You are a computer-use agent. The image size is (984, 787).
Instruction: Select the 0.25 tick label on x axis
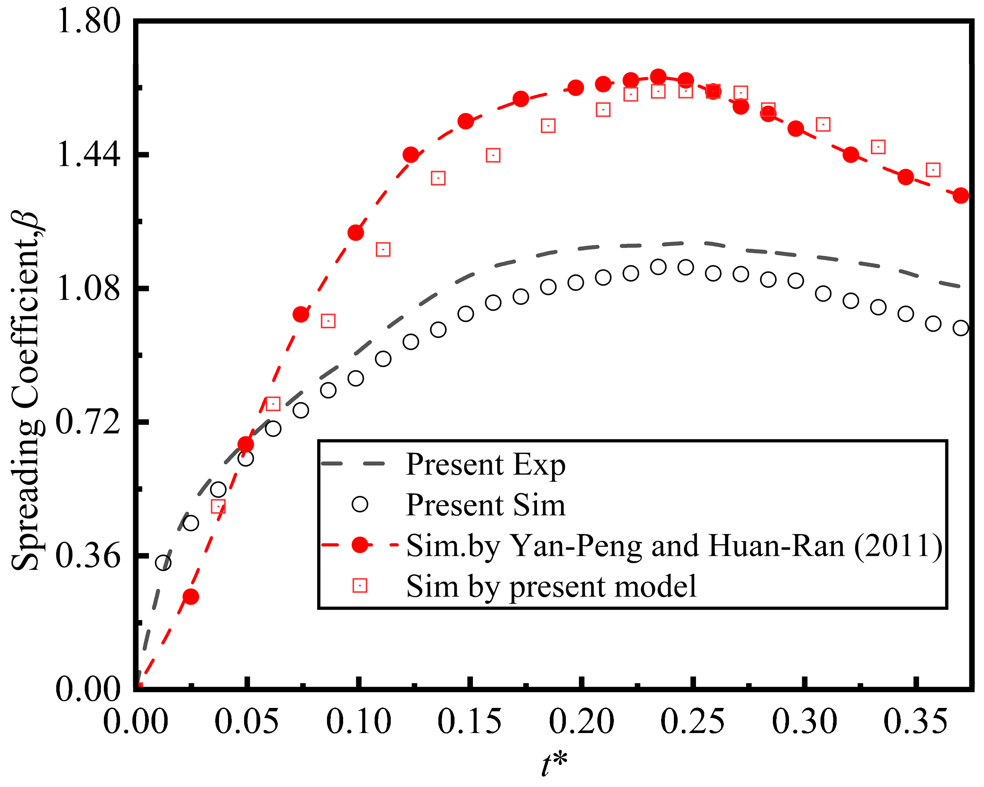(692, 722)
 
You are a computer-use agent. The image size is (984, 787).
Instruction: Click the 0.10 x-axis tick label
(359, 722)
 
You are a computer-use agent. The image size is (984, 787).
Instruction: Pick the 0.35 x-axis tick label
(915, 722)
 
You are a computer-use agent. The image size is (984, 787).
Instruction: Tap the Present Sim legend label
(485, 505)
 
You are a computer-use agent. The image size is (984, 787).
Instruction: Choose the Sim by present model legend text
(551, 586)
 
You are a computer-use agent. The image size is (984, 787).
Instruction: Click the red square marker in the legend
(360, 585)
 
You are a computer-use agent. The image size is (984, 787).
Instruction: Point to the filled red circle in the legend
(360, 545)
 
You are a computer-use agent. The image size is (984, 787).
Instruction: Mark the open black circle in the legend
(360, 504)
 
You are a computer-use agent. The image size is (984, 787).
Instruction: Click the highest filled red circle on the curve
(658, 77)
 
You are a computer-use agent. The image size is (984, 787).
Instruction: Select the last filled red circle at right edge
(961, 196)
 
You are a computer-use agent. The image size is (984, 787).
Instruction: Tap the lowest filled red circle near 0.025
(191, 596)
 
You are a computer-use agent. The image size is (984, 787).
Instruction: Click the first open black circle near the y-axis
(163, 563)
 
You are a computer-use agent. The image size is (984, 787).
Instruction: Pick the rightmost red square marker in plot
(933, 170)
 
